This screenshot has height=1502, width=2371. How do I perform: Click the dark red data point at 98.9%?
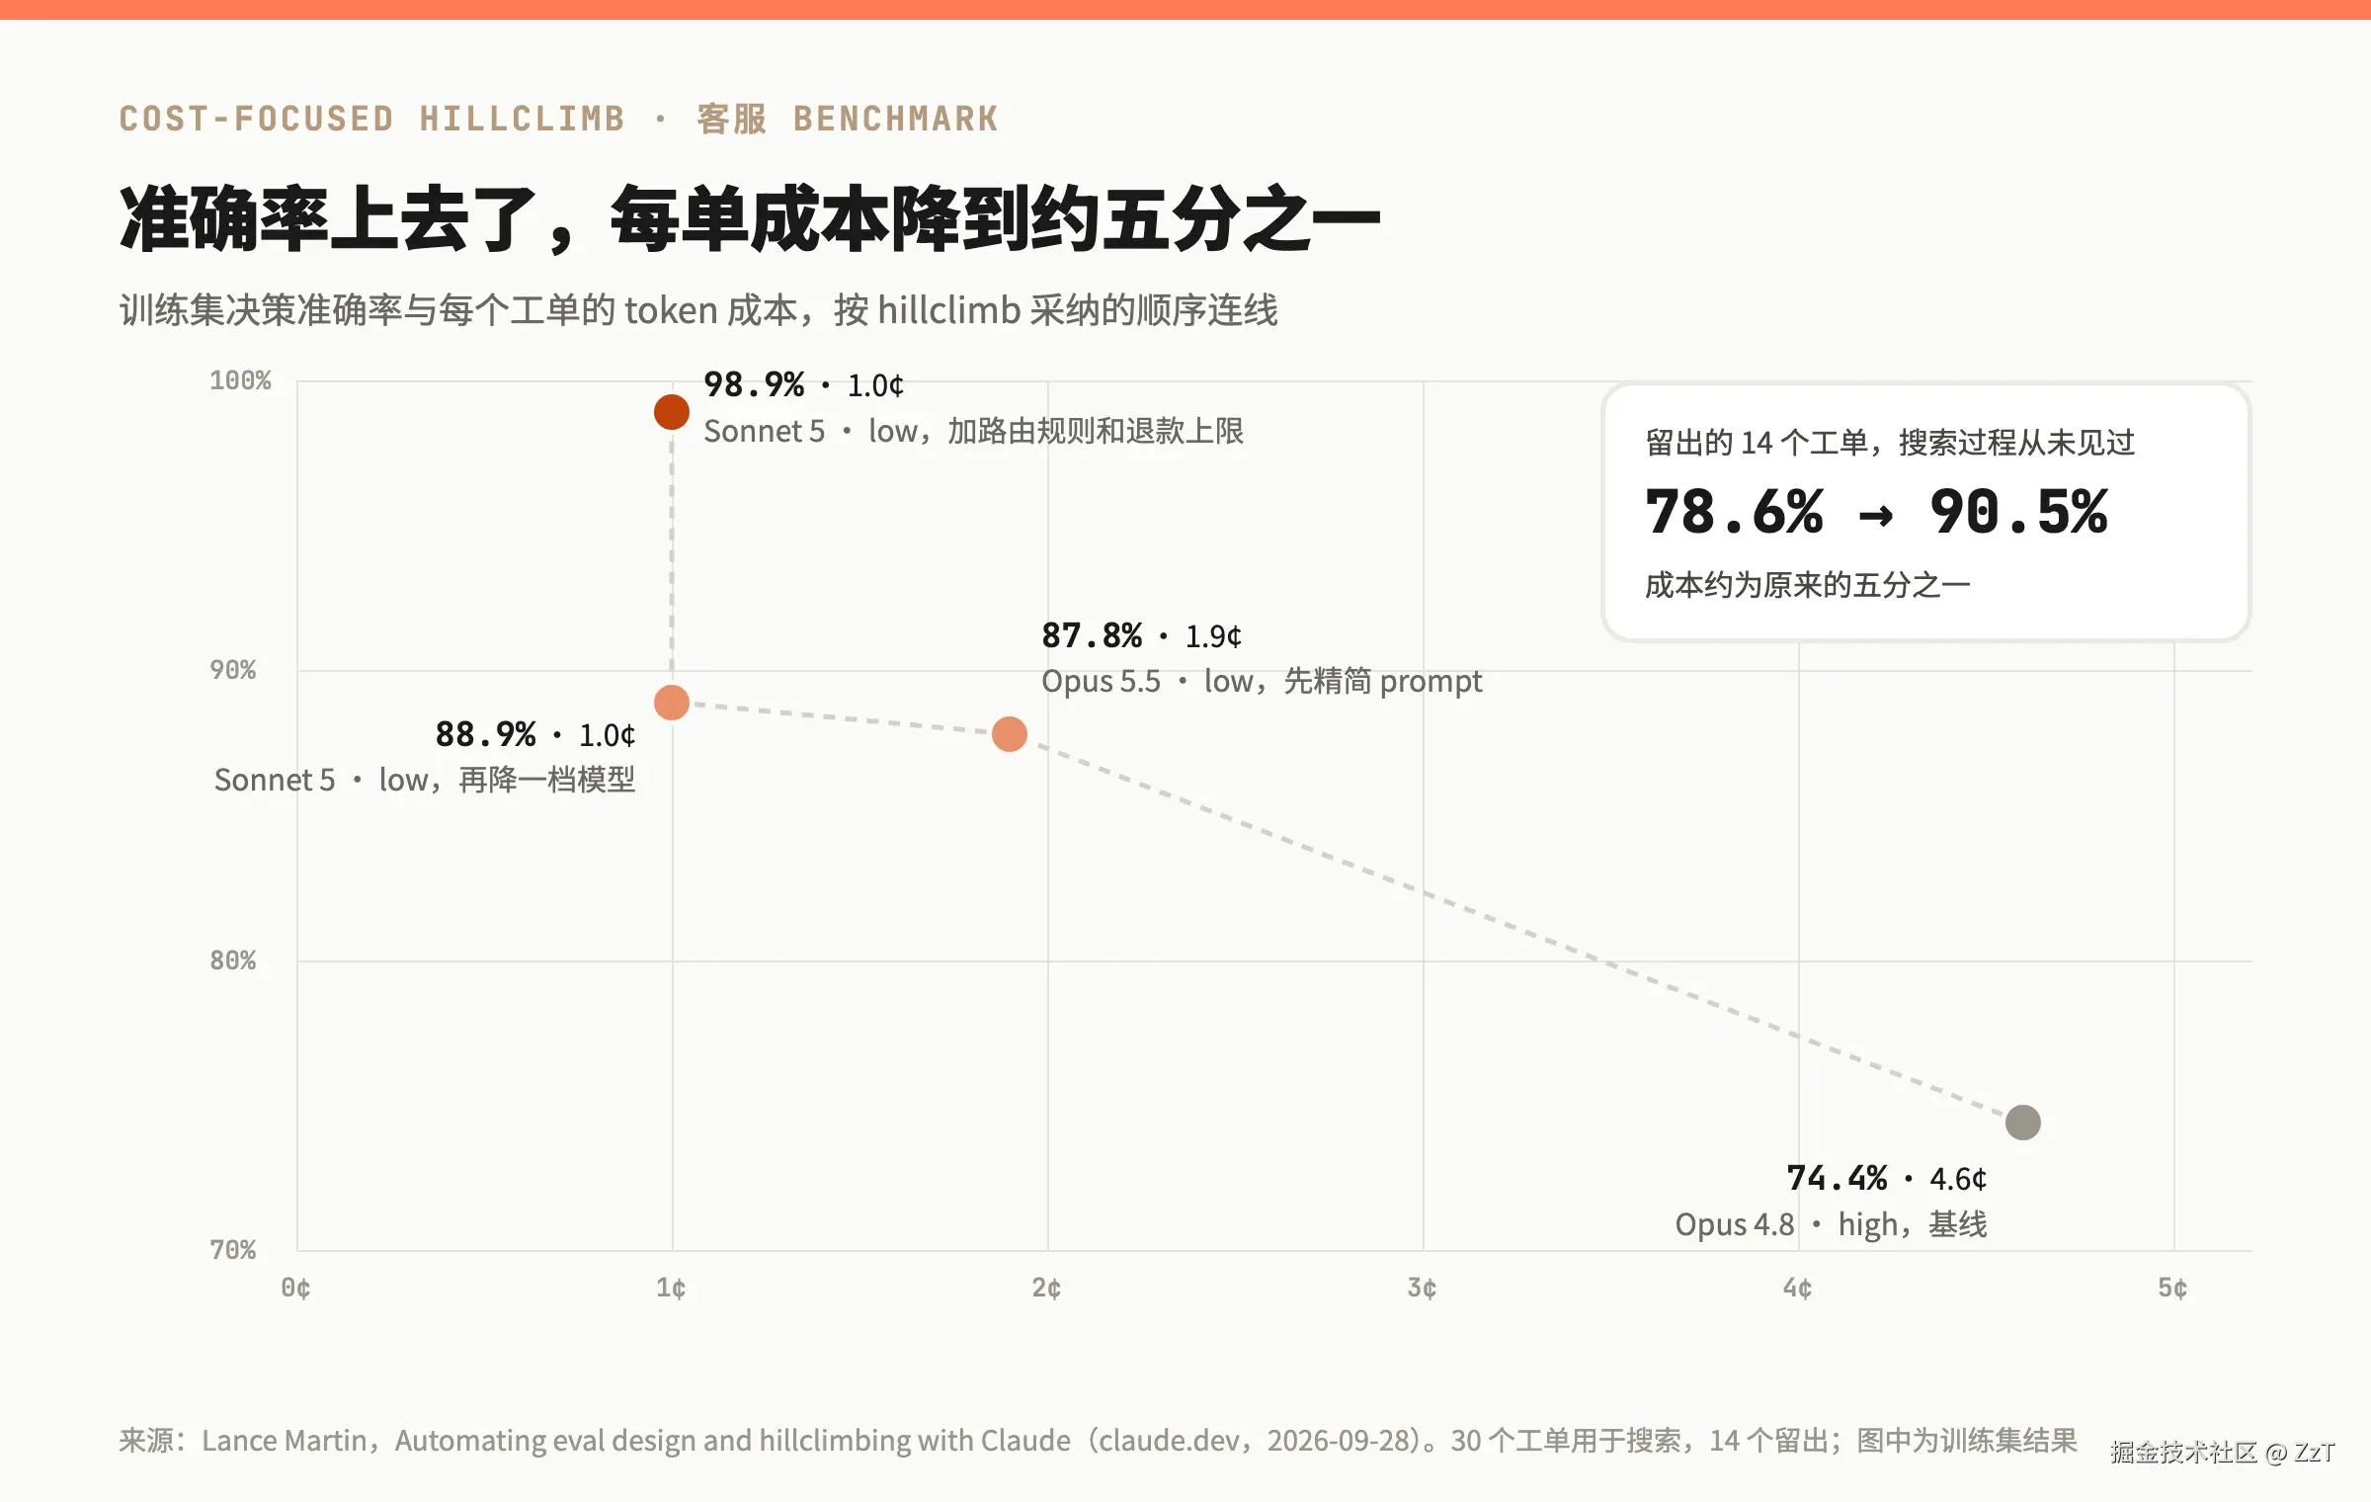(x=672, y=412)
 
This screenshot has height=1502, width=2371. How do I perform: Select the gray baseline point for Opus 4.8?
(x=2023, y=1123)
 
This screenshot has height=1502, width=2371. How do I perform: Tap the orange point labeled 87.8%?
(x=1010, y=734)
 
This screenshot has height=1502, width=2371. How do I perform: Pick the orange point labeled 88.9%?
(x=672, y=703)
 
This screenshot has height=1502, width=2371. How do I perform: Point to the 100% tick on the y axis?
(x=240, y=380)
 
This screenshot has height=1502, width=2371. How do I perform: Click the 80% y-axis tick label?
(x=233, y=960)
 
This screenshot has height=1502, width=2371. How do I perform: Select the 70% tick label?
(x=233, y=1250)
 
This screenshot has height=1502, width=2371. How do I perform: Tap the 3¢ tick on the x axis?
(x=1423, y=1288)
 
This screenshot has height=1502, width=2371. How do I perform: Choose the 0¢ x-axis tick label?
(x=296, y=1288)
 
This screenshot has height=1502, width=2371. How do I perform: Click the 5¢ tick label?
(x=2173, y=1288)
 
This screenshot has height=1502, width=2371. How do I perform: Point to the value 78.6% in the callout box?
(x=1734, y=512)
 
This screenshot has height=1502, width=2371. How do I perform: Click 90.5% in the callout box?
(x=2019, y=512)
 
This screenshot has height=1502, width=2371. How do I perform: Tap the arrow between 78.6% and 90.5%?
(x=1876, y=515)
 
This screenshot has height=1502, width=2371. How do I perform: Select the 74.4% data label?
(x=1837, y=1178)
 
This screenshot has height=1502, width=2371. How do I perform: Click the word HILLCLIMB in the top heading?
(x=523, y=119)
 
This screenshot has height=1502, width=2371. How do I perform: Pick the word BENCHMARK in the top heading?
(x=896, y=119)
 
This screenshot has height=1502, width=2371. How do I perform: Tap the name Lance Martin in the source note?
(x=285, y=1441)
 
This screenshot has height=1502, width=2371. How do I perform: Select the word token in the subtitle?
(x=671, y=310)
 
